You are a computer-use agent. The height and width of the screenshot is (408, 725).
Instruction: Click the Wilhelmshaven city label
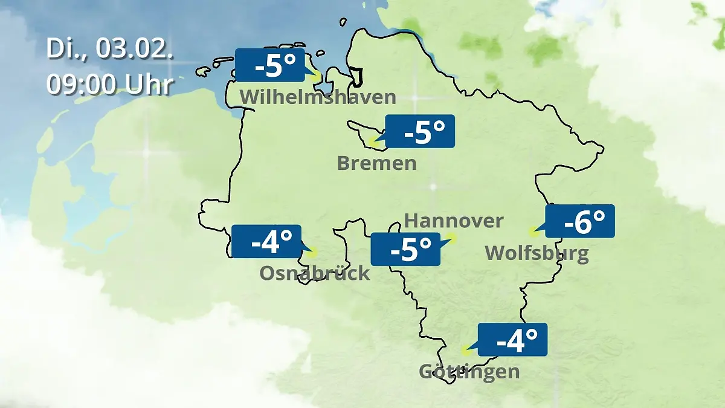318,97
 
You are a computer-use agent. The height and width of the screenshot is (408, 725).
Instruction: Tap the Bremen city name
376,163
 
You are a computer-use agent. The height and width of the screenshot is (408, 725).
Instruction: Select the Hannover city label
453,221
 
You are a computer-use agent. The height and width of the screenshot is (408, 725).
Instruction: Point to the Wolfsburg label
536,253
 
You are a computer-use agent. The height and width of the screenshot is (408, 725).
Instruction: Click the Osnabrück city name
314,273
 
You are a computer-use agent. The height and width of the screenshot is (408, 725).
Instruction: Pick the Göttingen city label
469,371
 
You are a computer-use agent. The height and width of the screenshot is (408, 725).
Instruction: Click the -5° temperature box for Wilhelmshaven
269,65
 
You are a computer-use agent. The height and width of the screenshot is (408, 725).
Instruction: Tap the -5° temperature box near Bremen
420,131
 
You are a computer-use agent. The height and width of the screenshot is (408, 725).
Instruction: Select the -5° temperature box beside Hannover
405,249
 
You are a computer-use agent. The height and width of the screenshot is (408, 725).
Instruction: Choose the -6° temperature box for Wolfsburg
580,221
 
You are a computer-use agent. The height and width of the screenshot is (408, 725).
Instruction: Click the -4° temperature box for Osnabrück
266,241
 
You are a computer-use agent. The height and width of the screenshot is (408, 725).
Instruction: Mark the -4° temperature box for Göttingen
512,340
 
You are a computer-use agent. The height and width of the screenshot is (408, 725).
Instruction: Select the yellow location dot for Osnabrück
311,252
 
